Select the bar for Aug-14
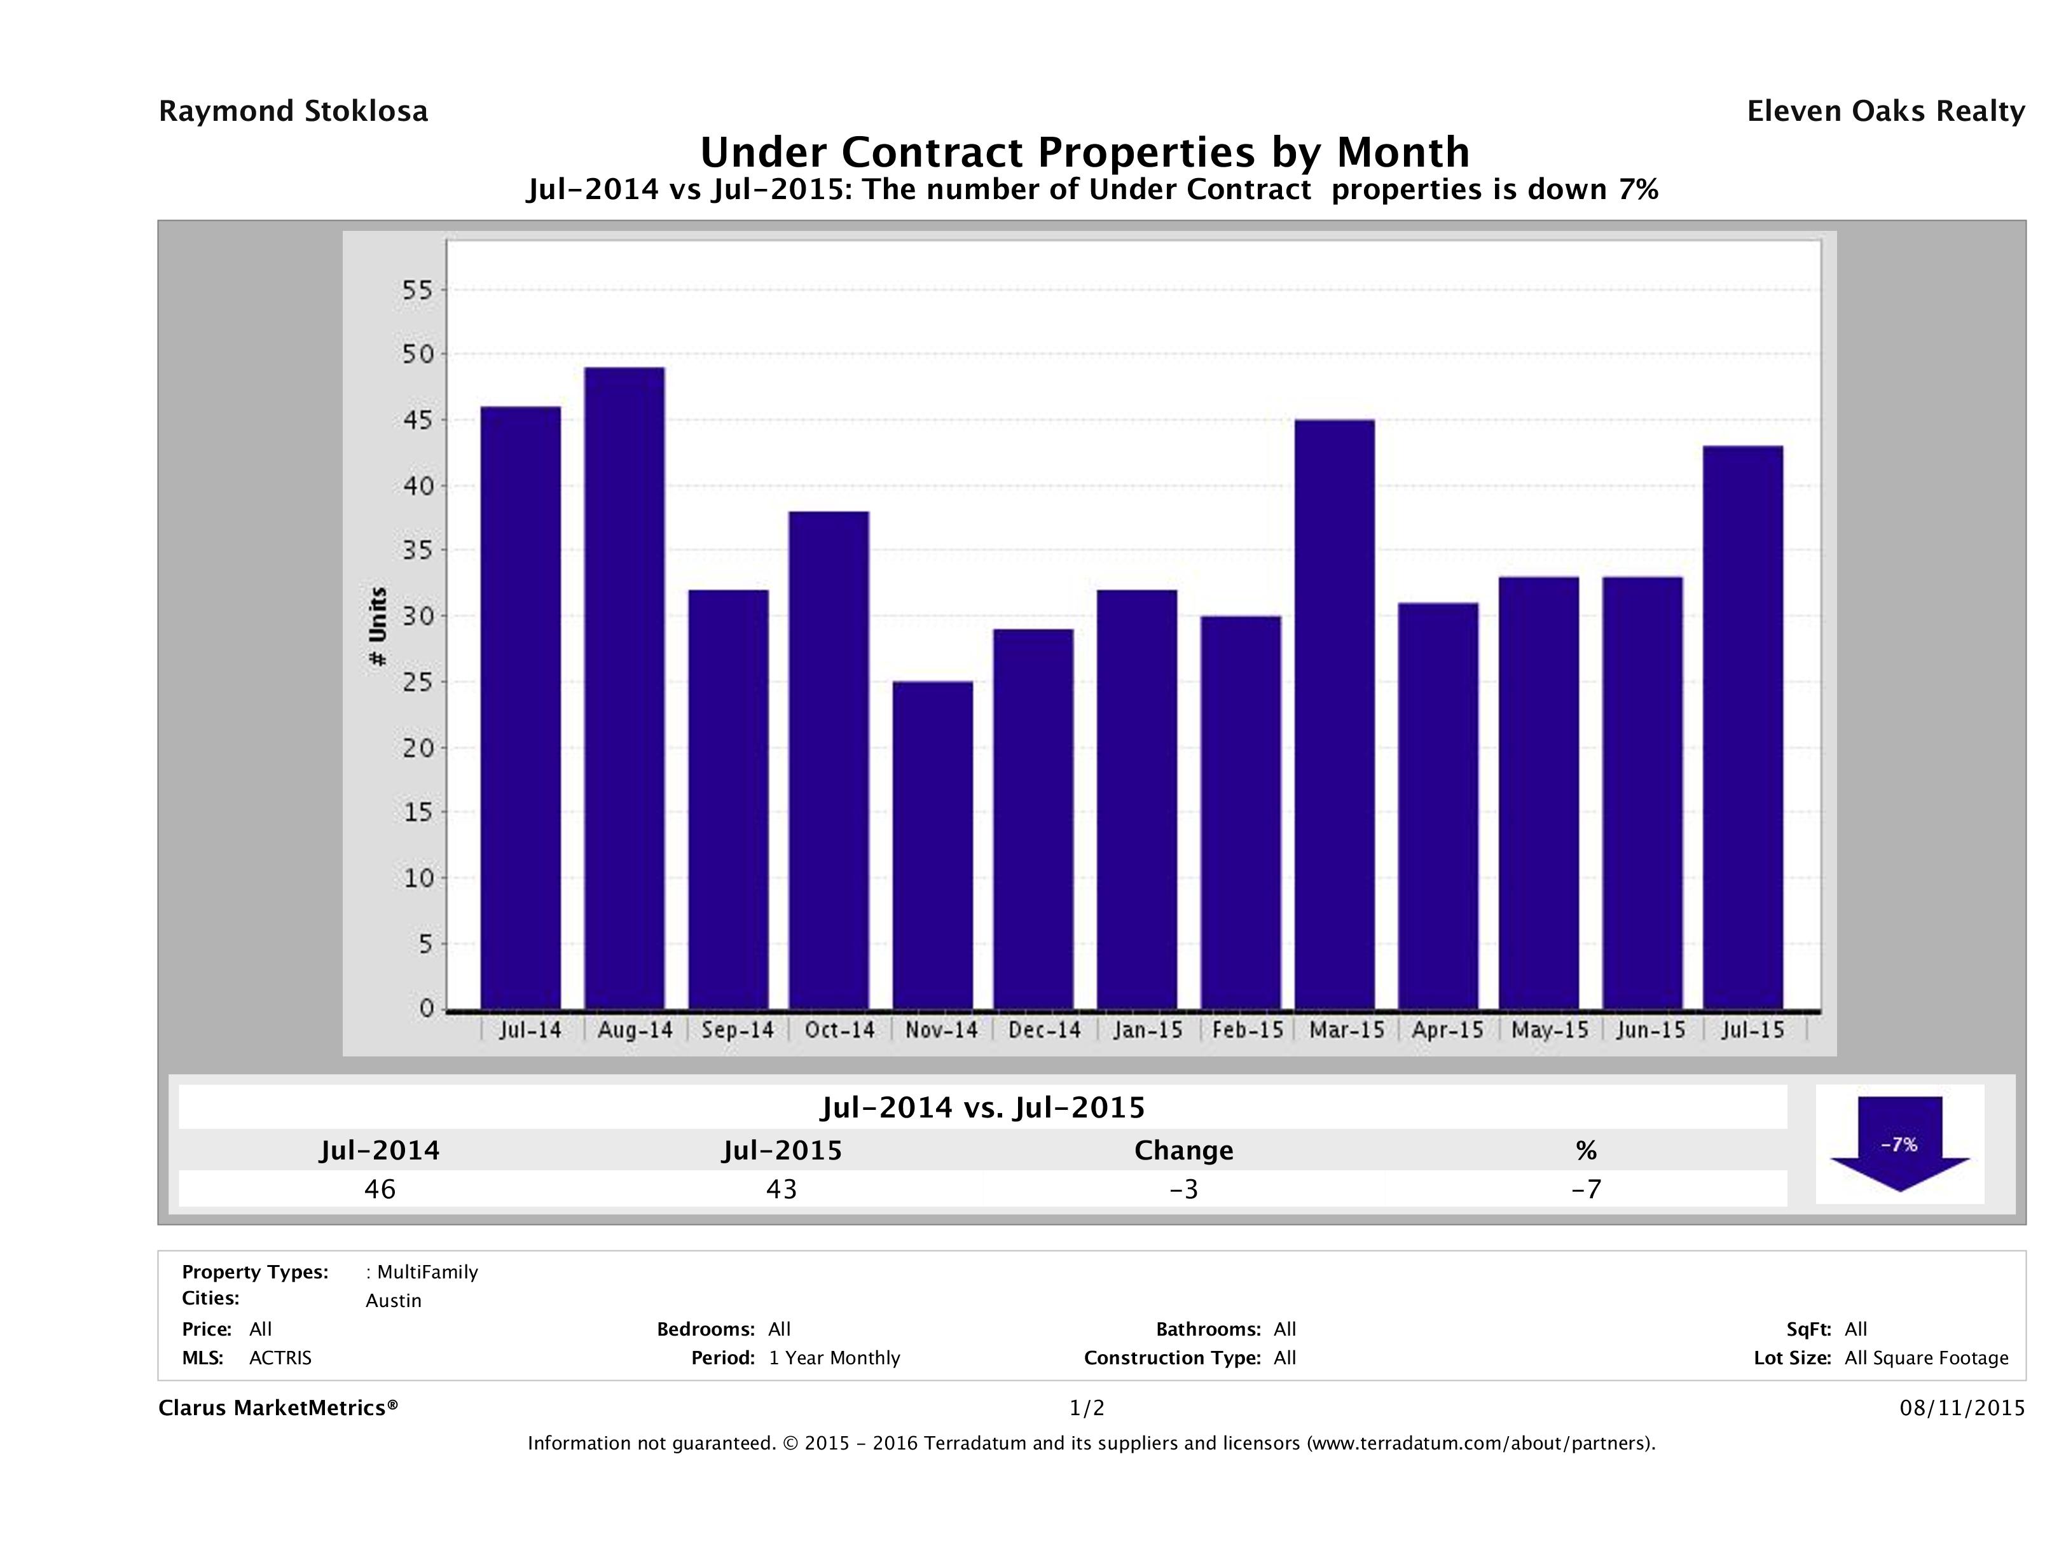[x=624, y=688]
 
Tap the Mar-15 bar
[x=1334, y=714]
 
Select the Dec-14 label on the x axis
[x=1045, y=1030]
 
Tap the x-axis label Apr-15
[x=1447, y=1030]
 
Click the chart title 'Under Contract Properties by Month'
[x=1084, y=152]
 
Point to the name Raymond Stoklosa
[x=293, y=111]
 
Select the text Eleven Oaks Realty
[x=1885, y=111]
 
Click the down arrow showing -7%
[x=1899, y=1144]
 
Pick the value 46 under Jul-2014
[x=380, y=1189]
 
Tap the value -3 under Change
[x=1184, y=1189]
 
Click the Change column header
[x=1184, y=1151]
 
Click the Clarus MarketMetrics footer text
[x=279, y=1408]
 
